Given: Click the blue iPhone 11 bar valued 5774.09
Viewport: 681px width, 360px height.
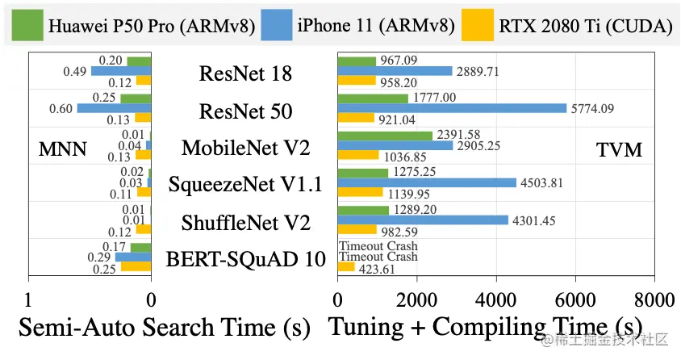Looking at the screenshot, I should pos(452,107).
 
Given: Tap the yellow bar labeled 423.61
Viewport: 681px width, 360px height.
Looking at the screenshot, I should pos(346,267).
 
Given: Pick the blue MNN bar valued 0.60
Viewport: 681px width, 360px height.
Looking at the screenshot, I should pos(114,108).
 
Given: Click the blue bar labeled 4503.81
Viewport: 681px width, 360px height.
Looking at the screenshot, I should pos(427,182).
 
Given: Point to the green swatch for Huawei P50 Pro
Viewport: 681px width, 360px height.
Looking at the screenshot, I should pos(27,27).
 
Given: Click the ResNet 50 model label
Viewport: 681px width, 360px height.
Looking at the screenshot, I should pos(245,111).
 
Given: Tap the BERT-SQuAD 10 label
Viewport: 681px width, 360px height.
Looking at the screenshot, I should pos(245,259).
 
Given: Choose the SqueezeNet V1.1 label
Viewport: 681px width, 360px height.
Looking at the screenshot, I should pos(245,185).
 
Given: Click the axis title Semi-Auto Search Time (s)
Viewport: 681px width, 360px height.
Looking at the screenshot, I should pos(164,327).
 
